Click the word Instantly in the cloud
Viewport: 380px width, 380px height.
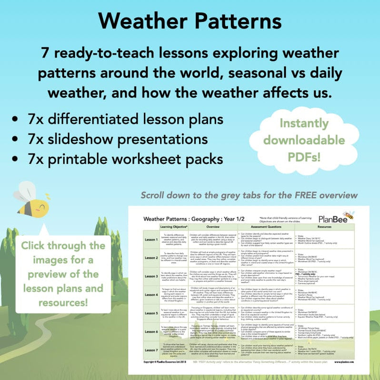(304, 122)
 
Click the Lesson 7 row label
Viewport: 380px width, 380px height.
(151, 349)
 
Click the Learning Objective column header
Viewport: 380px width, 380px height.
(176, 227)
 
